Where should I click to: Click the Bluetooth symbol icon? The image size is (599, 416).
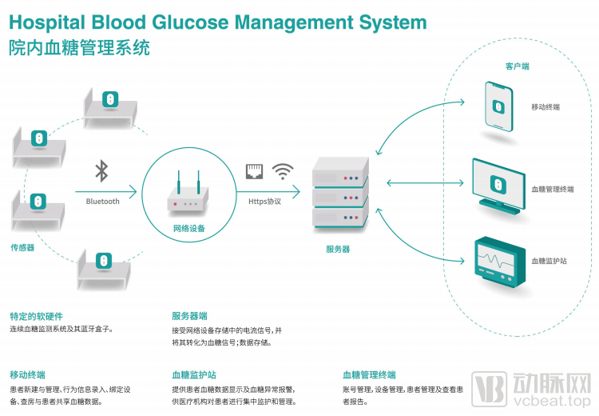point(101,170)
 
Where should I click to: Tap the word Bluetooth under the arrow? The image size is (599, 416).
point(102,202)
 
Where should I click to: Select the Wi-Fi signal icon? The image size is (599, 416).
point(283,170)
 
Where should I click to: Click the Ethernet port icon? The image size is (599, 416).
point(256,170)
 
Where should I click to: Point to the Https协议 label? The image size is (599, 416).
point(264,202)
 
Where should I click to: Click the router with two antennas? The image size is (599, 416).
point(188,194)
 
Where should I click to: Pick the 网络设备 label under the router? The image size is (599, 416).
point(188,229)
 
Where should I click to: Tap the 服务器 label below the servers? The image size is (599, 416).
point(338,249)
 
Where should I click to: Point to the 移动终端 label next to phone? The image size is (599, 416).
point(545,106)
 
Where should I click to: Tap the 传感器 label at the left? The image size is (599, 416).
point(22,247)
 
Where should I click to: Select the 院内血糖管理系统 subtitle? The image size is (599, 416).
point(79,48)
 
